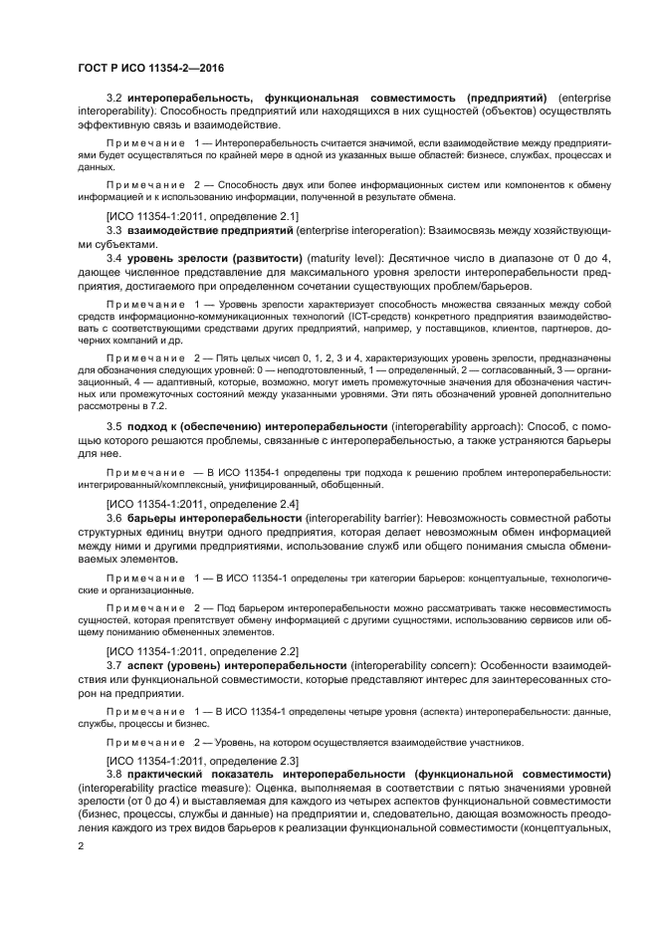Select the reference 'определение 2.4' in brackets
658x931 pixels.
(234, 505)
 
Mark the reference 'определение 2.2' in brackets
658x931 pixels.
(234, 650)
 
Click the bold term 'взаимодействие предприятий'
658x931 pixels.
(210, 231)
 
